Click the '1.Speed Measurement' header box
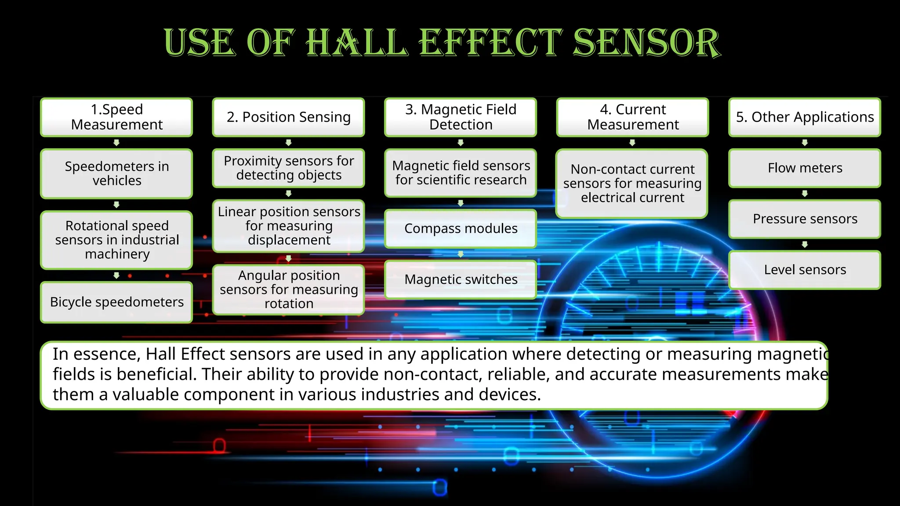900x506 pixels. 116,117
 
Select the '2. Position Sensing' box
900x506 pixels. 289,117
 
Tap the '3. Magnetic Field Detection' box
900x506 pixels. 461,117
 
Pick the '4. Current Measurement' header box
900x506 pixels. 633,117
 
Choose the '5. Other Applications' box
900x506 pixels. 805,117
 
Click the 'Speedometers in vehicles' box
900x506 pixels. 116,173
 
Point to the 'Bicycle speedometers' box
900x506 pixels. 116,302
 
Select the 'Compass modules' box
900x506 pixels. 461,228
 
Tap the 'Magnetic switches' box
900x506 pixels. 461,279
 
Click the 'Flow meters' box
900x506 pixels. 805,168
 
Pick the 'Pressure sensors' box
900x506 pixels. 805,219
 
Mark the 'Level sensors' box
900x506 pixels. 805,270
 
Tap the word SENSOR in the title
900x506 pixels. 646,43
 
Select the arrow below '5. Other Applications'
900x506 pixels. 805,143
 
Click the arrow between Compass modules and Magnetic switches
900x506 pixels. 461,254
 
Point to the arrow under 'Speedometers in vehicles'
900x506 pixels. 116,205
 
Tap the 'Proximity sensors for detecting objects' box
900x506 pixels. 289,168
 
